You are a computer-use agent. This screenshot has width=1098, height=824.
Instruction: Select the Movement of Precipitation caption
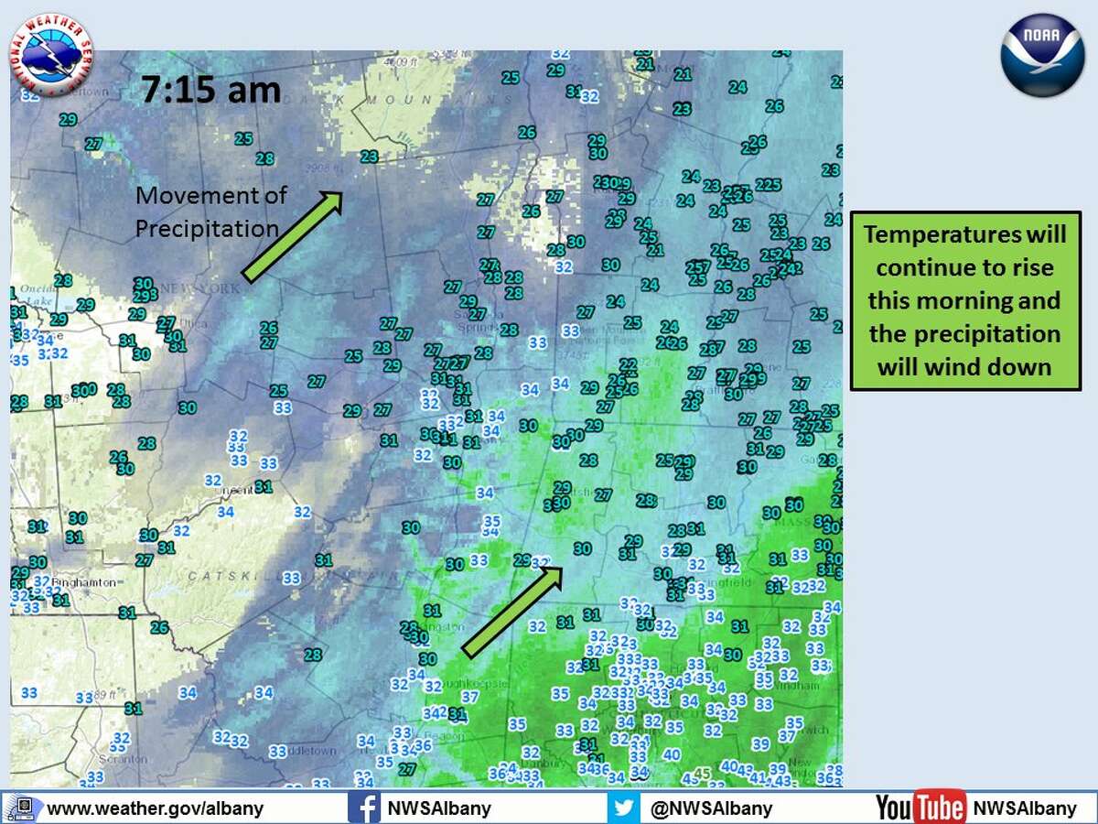tap(210, 211)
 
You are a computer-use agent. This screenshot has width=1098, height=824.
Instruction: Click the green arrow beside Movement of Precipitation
tap(291, 235)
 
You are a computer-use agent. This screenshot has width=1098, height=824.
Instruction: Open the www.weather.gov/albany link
tap(155, 808)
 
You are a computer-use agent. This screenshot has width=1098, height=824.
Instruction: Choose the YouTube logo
tap(920, 808)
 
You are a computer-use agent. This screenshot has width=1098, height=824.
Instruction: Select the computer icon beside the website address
tap(24, 808)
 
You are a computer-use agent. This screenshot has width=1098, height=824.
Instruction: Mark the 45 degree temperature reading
tap(702, 774)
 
